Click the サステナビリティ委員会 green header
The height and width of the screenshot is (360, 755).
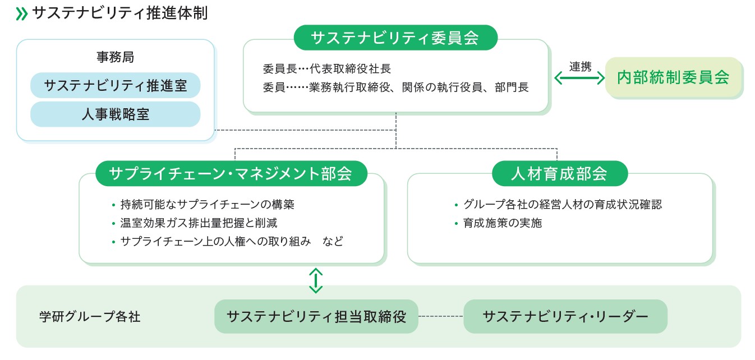395,38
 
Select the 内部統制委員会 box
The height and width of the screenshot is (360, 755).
673,77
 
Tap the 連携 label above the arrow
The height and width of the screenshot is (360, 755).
580,66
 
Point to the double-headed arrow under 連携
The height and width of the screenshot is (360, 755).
580,79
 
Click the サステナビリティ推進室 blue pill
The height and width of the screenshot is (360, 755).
115,86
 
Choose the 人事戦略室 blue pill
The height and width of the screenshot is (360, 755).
115,114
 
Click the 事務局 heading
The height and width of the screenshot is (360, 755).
115,57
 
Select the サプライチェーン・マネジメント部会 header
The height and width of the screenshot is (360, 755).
231,174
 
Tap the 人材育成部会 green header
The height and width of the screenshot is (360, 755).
559,174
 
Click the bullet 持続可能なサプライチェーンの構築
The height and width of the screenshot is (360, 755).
207,205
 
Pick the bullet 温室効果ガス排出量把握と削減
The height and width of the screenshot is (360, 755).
199,223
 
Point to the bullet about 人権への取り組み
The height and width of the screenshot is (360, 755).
231,242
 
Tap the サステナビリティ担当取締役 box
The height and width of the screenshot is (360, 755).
316,316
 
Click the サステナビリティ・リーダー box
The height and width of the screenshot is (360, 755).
565,316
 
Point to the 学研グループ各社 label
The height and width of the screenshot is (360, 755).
90,317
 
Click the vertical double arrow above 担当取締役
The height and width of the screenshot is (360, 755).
316,280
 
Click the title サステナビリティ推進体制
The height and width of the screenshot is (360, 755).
120,13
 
